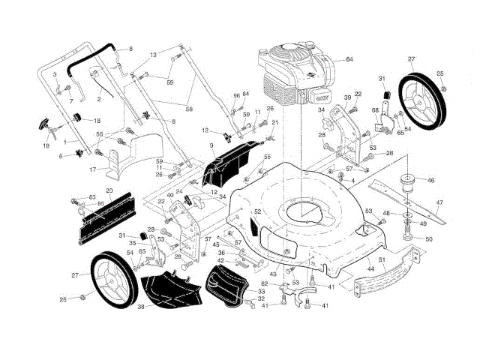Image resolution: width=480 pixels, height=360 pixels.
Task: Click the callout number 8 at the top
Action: point(130,49)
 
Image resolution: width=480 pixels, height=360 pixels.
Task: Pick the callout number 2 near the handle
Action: point(99,98)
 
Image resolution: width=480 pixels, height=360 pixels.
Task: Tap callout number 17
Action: point(92,169)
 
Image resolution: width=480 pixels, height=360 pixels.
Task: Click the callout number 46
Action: point(430,181)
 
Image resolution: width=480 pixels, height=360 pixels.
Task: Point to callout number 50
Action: point(430,239)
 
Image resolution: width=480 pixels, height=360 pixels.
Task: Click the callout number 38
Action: point(139,306)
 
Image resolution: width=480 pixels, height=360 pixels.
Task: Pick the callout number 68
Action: point(376,110)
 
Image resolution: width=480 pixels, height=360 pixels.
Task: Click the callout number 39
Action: point(347,98)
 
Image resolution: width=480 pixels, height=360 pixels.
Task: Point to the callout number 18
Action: point(97,120)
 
